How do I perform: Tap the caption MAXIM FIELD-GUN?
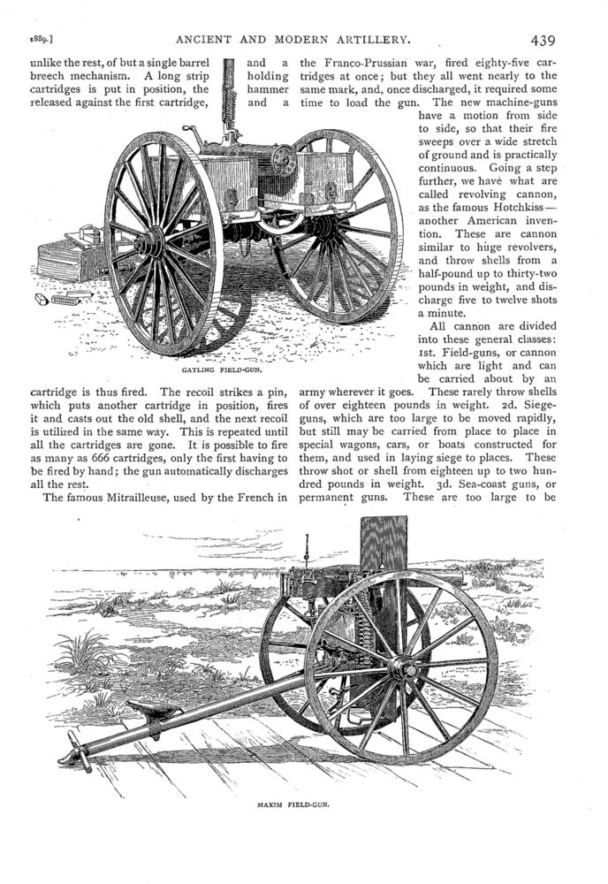294,806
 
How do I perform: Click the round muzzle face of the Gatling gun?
284,162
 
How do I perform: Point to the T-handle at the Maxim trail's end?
75,756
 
